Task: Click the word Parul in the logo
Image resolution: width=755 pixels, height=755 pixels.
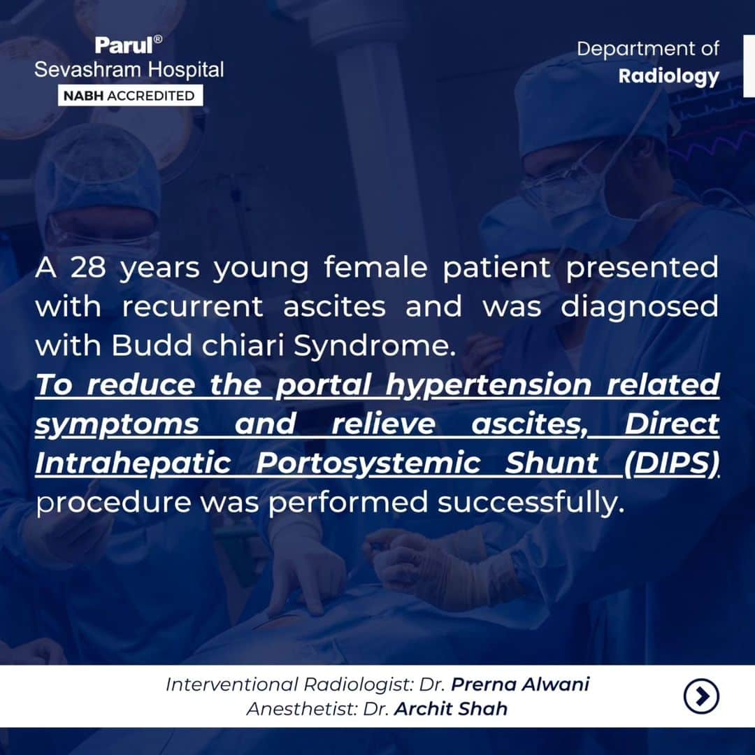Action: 123,45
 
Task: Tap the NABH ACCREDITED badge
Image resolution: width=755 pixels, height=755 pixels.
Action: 130,95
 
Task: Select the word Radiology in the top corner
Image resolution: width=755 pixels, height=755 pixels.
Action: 669,77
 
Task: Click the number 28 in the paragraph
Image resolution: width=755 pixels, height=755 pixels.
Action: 88,267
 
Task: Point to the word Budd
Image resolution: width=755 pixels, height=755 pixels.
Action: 152,345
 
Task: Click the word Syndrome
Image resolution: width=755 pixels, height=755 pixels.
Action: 374,346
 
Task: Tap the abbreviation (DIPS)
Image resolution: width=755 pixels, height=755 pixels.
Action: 671,463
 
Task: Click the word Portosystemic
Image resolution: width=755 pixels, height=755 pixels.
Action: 368,464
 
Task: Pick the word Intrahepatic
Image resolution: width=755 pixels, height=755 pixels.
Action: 134,464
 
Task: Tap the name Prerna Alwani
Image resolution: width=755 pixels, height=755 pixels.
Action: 520,684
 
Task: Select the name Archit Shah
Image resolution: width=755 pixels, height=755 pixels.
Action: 451,709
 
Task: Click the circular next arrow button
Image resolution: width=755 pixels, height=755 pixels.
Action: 701,696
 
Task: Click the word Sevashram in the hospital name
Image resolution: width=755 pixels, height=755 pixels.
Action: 88,70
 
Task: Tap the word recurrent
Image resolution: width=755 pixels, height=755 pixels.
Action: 193,307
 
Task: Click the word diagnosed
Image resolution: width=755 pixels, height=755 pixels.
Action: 640,308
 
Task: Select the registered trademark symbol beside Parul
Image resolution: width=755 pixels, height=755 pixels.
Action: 157,39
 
